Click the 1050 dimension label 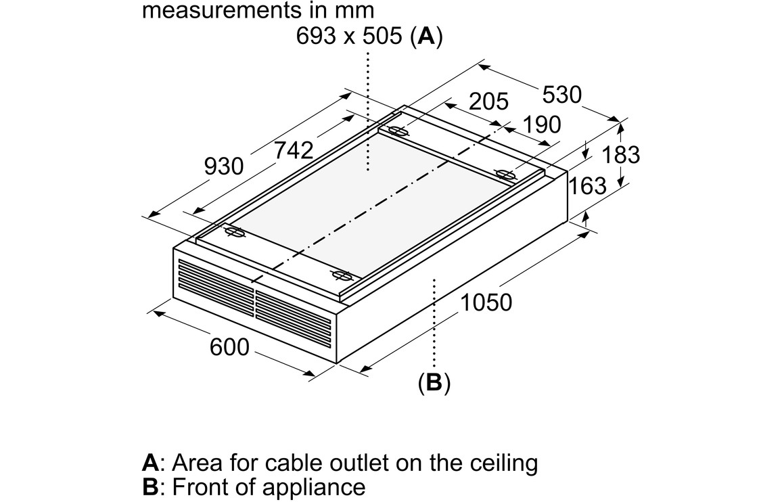point(486,302)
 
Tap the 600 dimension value point(229,348)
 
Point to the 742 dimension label point(294,150)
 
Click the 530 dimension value point(561,95)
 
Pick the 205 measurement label point(488,101)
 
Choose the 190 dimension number point(541,124)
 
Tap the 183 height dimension point(620,155)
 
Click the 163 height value point(587,185)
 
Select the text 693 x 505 point(351,37)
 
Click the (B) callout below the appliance point(434,383)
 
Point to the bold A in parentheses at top point(426,37)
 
